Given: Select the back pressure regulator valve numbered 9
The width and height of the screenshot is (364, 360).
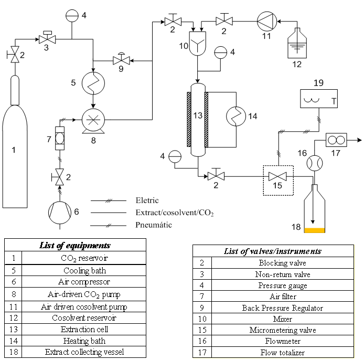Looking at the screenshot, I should (121, 61).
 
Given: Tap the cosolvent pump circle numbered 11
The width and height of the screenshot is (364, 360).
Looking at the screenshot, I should (266, 22).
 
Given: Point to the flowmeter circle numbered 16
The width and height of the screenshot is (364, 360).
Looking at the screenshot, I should (314, 163).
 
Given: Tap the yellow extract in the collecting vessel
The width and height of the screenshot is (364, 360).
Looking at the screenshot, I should (315, 230).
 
